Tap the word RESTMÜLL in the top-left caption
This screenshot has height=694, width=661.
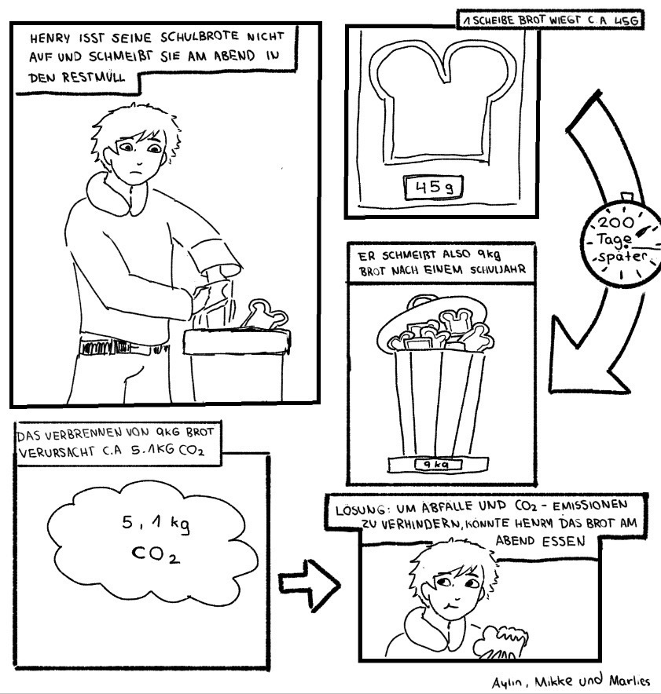point(94,78)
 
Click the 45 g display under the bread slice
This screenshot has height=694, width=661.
point(434,188)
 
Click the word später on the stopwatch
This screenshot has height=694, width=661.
point(622,257)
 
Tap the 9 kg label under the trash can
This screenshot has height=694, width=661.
point(438,464)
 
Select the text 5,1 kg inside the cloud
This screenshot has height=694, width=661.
point(156,524)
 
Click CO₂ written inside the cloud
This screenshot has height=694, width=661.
point(156,553)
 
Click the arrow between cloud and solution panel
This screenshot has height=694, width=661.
point(309,586)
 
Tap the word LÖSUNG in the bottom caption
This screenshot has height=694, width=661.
point(360,510)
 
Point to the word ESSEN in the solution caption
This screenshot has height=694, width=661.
point(563,541)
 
